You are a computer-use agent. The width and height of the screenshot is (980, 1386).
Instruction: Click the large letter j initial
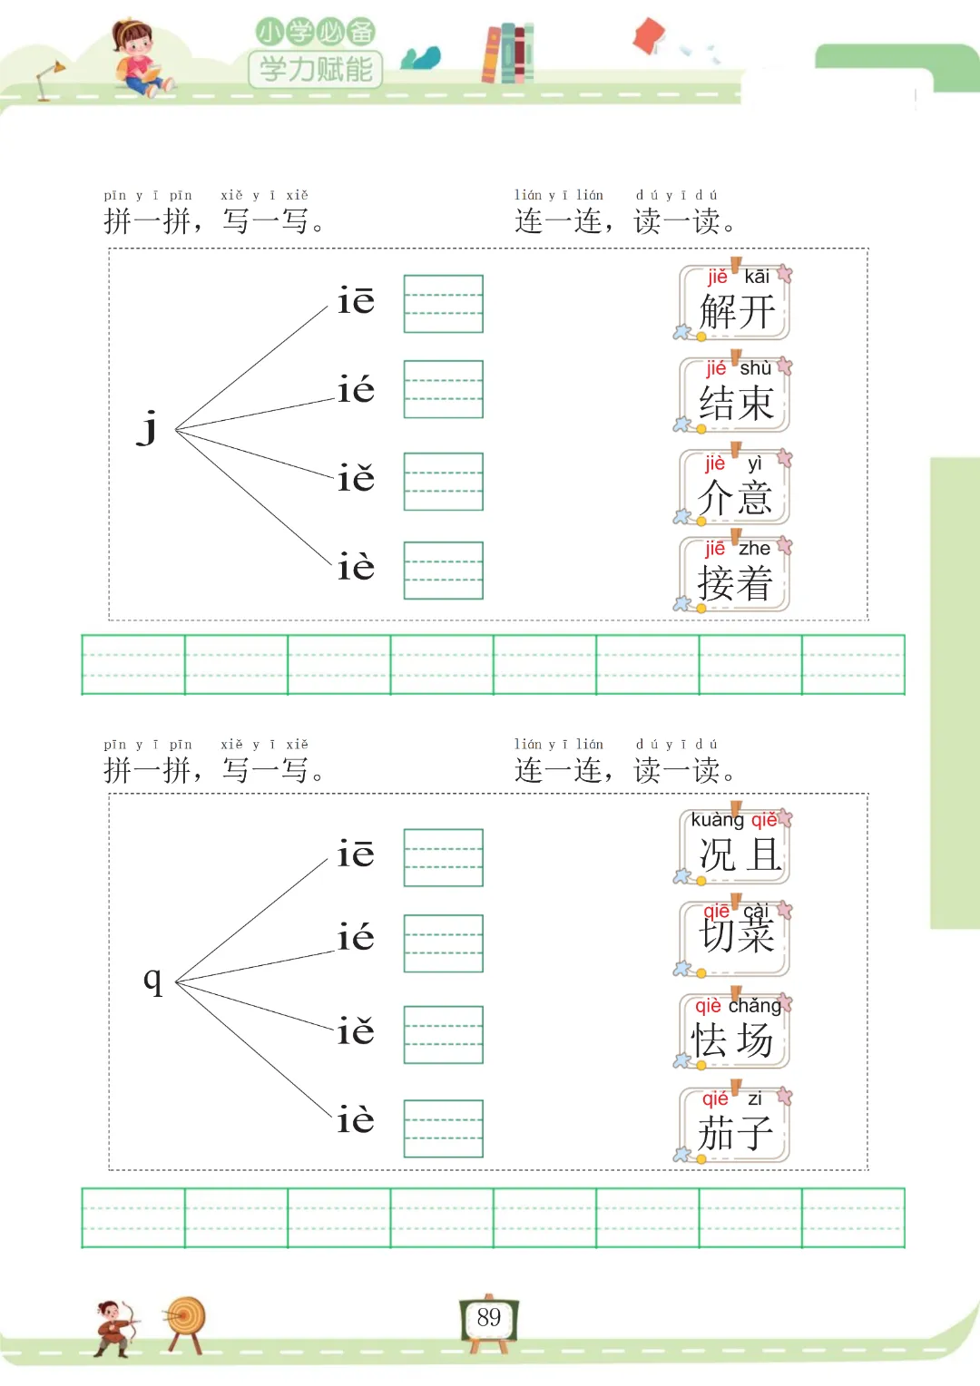tap(148, 426)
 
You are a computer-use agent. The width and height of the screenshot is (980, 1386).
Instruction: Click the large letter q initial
tap(152, 980)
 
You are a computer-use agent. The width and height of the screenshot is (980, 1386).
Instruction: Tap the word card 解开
tap(735, 303)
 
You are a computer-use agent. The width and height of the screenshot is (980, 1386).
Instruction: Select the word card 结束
tap(735, 395)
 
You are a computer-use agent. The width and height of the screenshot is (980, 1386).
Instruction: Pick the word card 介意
tap(735, 487)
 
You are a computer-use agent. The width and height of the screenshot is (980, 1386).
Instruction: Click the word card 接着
tap(735, 574)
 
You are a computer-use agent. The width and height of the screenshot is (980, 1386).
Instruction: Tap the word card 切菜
tap(735, 938)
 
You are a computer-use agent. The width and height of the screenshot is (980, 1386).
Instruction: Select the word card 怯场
tap(735, 1031)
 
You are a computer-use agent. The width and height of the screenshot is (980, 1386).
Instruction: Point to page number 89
tap(489, 1318)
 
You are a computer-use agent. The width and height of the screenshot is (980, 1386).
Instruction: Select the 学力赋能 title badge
tap(316, 68)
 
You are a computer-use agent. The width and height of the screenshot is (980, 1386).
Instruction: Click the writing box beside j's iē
tap(443, 304)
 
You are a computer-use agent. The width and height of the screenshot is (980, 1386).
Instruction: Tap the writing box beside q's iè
tap(443, 1128)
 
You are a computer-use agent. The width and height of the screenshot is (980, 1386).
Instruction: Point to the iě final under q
tap(356, 1031)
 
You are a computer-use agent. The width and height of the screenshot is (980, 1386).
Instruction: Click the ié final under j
tap(356, 390)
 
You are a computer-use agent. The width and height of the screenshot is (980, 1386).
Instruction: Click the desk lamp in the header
tap(49, 79)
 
